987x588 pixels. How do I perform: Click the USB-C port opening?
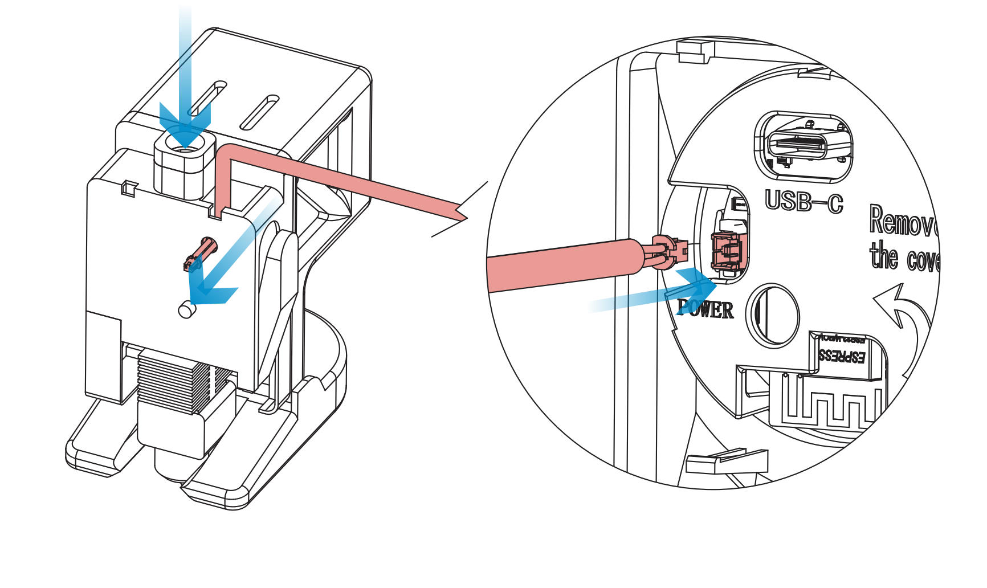(x=804, y=146)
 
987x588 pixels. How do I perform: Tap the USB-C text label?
(x=804, y=201)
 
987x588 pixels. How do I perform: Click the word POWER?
(x=705, y=309)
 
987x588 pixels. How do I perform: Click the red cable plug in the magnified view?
(x=666, y=251)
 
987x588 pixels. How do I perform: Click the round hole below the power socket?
(x=773, y=315)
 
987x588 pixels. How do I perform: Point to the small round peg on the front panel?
(x=186, y=310)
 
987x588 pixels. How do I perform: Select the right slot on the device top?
(x=259, y=112)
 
